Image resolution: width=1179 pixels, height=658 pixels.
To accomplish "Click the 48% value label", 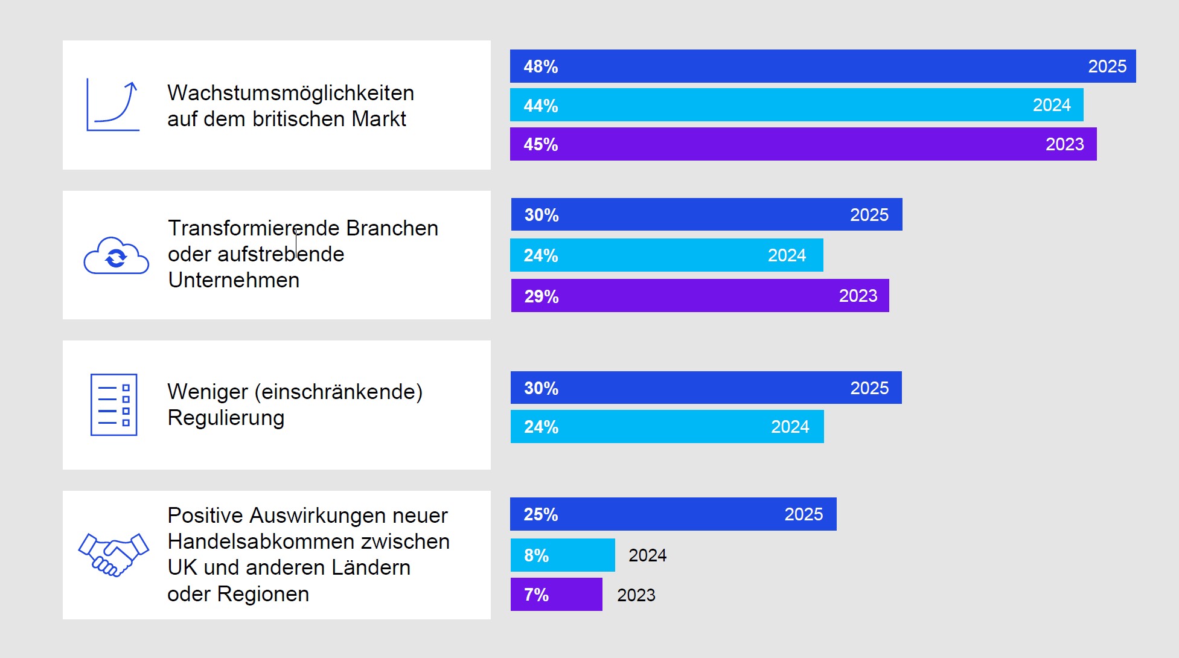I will (540, 66).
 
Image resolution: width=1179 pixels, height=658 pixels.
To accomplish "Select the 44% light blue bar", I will (796, 105).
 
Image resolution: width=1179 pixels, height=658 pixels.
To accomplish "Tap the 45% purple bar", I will (803, 144).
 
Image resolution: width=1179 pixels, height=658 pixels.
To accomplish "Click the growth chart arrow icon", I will (113, 106).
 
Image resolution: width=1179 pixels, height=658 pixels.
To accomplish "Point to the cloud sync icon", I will (116, 256).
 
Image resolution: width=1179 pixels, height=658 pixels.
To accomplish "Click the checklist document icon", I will (113, 404).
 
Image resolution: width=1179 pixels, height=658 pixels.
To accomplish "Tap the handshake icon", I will (113, 554).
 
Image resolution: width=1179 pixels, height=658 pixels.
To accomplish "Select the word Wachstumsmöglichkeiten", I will (290, 93).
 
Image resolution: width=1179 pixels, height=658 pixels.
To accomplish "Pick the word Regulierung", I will (226, 418).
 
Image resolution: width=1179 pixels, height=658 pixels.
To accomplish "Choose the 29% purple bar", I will (700, 296).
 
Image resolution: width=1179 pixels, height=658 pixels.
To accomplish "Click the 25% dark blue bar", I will (673, 514).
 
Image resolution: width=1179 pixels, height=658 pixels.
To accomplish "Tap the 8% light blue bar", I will (563, 555).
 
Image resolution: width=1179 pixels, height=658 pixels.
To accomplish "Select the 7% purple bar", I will (556, 595).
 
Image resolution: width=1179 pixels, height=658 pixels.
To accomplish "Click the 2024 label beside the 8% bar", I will (647, 555).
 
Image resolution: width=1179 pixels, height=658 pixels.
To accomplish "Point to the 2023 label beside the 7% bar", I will (636, 595).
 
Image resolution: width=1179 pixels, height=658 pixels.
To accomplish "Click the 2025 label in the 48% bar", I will (1107, 66).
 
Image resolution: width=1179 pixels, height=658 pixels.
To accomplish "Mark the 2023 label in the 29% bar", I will (858, 296).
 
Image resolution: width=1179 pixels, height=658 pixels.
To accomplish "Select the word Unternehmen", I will (234, 280).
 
